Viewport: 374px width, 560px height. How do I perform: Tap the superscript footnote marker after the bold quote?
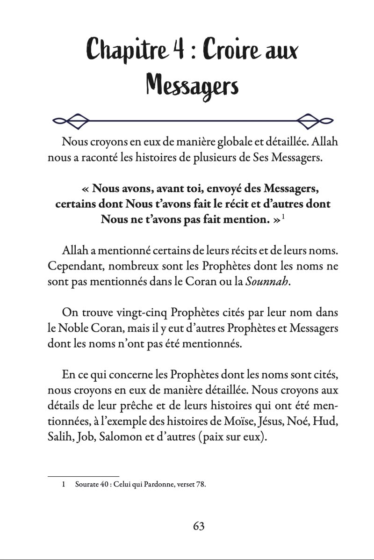pos(283,217)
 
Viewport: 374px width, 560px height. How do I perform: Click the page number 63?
pos(198,525)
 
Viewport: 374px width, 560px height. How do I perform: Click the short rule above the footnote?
pos(84,476)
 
